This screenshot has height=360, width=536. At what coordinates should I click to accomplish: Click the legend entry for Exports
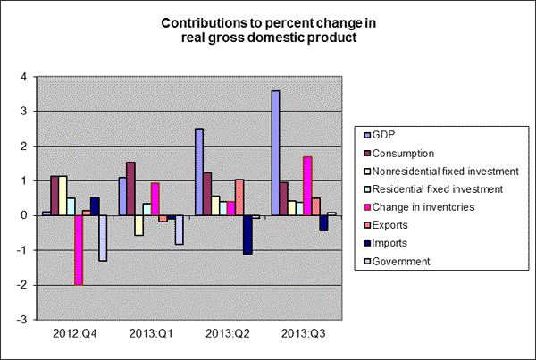pyautogui.click(x=389, y=225)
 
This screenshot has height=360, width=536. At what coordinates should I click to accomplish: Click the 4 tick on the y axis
pyautogui.click(x=26, y=77)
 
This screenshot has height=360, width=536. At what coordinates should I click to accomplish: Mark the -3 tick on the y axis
pyautogui.click(x=24, y=319)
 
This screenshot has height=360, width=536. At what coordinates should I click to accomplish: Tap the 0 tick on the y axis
pyautogui.click(x=26, y=215)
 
